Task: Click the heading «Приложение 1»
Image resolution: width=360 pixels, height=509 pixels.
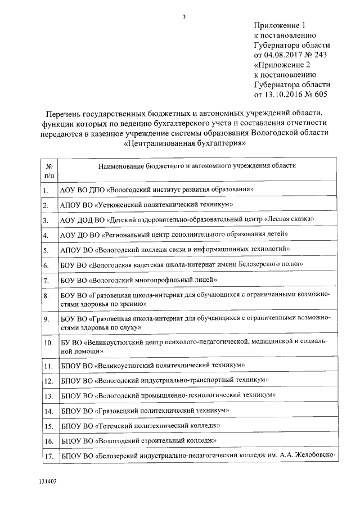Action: click(x=279, y=25)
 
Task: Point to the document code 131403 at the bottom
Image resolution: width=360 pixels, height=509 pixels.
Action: click(x=48, y=482)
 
